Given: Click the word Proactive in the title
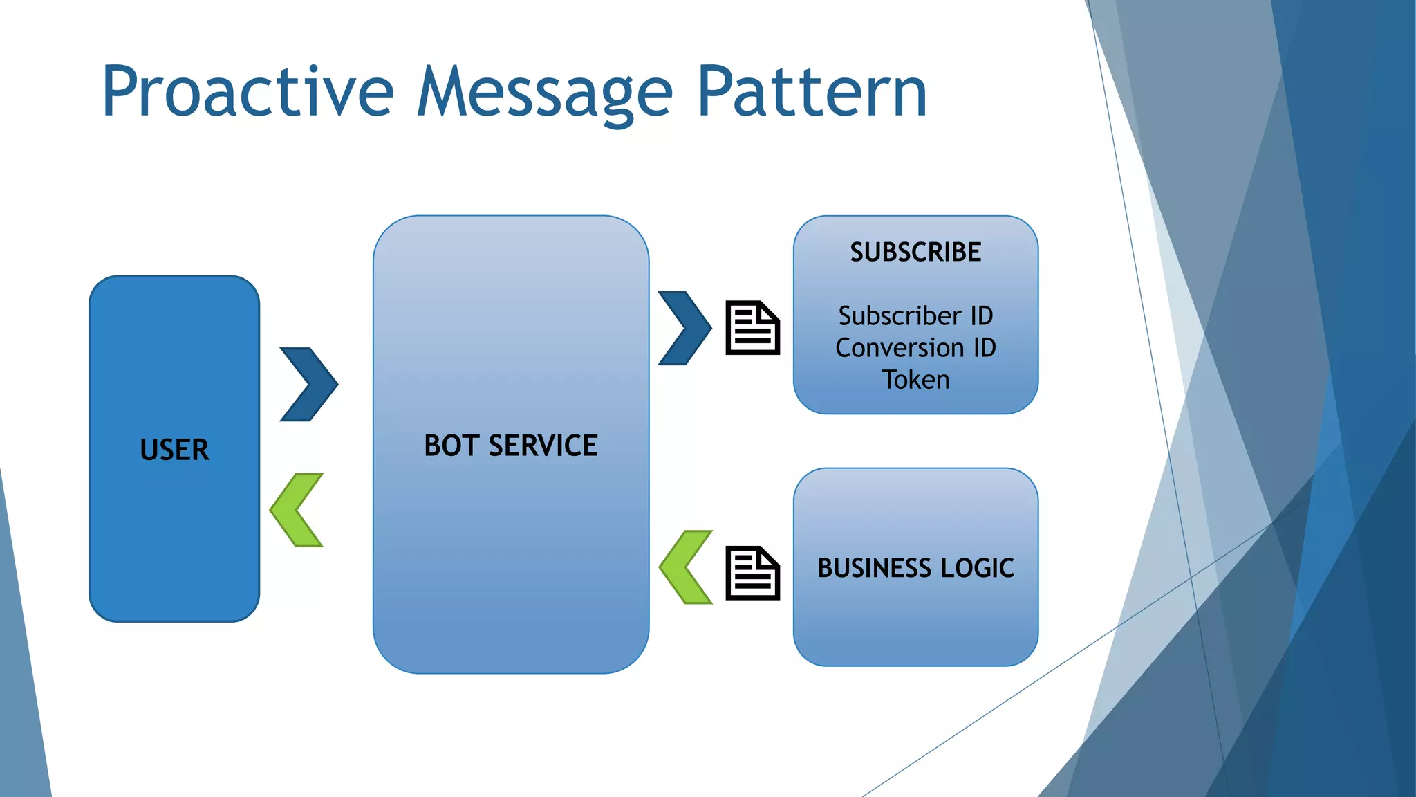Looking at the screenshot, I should click(x=248, y=92).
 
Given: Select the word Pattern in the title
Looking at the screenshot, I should click(x=812, y=92).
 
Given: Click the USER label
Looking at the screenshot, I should click(x=174, y=450).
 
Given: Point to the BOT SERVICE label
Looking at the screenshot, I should click(x=510, y=446).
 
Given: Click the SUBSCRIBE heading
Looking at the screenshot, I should click(x=915, y=252).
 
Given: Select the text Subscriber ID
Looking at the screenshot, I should click(x=915, y=316).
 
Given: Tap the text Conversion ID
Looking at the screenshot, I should click(x=915, y=347).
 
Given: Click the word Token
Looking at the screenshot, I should click(x=915, y=380).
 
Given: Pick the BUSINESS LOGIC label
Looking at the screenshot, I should click(x=915, y=568).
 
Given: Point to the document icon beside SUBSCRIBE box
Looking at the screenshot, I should click(x=752, y=328).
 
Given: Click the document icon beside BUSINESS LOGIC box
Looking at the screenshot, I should click(x=752, y=573).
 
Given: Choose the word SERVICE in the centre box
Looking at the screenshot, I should click(x=543, y=446).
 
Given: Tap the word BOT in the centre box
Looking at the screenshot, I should click(x=451, y=446).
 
